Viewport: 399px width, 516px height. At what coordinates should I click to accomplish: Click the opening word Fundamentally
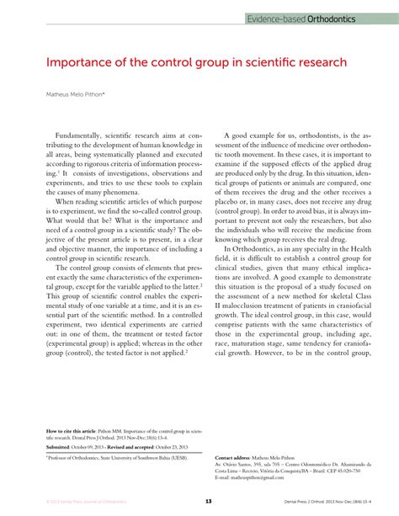92,134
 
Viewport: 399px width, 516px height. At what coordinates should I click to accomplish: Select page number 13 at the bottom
207,502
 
